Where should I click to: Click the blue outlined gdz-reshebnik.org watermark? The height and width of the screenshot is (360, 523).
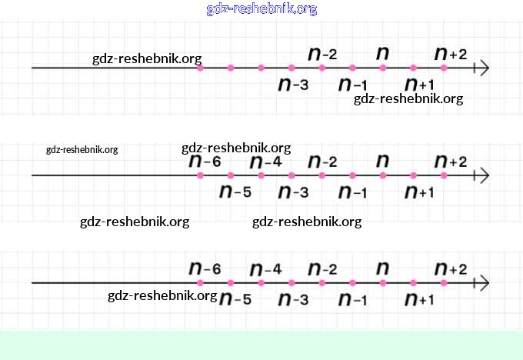261,9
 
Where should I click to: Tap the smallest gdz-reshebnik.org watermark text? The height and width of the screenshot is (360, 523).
82,150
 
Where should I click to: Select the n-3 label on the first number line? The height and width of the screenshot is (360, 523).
293,84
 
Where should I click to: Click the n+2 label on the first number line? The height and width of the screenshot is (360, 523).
451,54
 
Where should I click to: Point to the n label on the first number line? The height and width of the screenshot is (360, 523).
382,53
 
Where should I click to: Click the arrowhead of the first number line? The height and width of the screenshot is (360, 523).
483,68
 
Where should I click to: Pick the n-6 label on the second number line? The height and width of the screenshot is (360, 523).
205,162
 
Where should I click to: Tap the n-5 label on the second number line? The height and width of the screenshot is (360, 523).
235,192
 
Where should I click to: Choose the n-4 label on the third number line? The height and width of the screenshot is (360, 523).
266,269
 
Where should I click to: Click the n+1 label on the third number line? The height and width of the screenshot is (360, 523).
420,299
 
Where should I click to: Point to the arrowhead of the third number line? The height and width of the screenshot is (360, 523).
483,283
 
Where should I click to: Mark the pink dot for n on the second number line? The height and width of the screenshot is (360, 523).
382,175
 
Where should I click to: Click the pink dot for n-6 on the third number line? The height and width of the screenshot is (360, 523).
200,283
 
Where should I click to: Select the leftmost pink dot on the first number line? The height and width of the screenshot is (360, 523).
200,68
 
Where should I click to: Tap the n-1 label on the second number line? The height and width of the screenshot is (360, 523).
353,192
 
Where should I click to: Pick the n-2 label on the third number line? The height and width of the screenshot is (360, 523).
322,269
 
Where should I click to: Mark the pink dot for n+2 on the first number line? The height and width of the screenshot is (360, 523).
444,68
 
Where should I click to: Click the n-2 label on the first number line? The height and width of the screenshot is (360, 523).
322,54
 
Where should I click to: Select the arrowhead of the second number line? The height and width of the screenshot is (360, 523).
483,175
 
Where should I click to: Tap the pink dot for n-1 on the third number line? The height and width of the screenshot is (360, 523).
352,283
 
